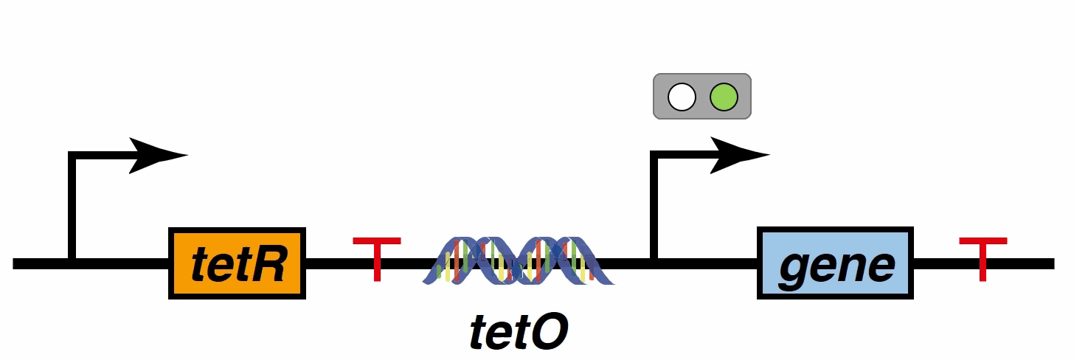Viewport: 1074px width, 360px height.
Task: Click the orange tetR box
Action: point(238,263)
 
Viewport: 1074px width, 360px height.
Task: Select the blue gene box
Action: point(835,263)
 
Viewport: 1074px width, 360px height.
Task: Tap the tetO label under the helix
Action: point(519,333)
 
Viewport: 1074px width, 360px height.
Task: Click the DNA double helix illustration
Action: point(519,261)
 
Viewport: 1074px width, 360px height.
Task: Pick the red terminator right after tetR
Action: point(377,258)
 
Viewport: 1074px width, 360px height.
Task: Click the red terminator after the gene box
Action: point(983,258)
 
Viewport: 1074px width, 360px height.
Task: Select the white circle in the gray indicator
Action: point(682,97)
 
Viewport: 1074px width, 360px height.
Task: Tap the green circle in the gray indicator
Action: point(723,97)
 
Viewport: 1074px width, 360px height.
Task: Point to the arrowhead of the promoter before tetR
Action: point(159,155)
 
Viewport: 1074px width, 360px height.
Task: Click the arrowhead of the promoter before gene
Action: point(740,155)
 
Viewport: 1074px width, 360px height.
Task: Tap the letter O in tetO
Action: point(550,333)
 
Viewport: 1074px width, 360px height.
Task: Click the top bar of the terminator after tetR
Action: point(377,241)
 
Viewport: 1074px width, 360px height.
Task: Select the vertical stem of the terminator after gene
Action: point(983,264)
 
